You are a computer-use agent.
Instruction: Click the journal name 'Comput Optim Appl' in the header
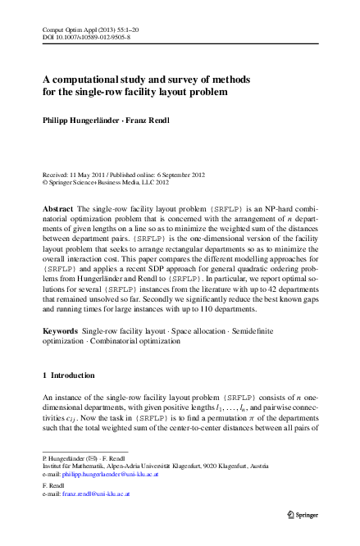67,29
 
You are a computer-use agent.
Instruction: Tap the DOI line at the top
81,37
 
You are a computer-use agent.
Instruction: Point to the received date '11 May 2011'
91,175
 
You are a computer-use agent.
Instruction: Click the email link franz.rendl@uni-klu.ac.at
96,495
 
